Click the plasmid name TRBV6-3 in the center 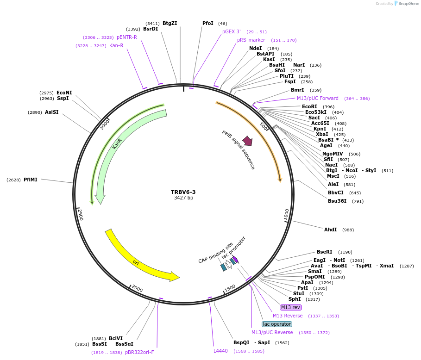(x=183, y=192)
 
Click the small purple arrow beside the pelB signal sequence (x=248, y=141)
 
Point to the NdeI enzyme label (x=255, y=48)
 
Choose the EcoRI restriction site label (x=309, y=106)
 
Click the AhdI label (x=330, y=230)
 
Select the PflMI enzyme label (x=31, y=180)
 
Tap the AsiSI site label (x=52, y=112)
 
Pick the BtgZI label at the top (x=170, y=23)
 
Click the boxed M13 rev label (x=291, y=307)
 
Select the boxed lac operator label (x=276, y=324)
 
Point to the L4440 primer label (x=220, y=351)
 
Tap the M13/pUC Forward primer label (x=317, y=98)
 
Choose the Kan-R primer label (x=116, y=45)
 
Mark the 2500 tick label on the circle (x=80, y=215)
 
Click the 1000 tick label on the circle (x=286, y=214)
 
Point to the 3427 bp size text (x=183, y=198)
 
